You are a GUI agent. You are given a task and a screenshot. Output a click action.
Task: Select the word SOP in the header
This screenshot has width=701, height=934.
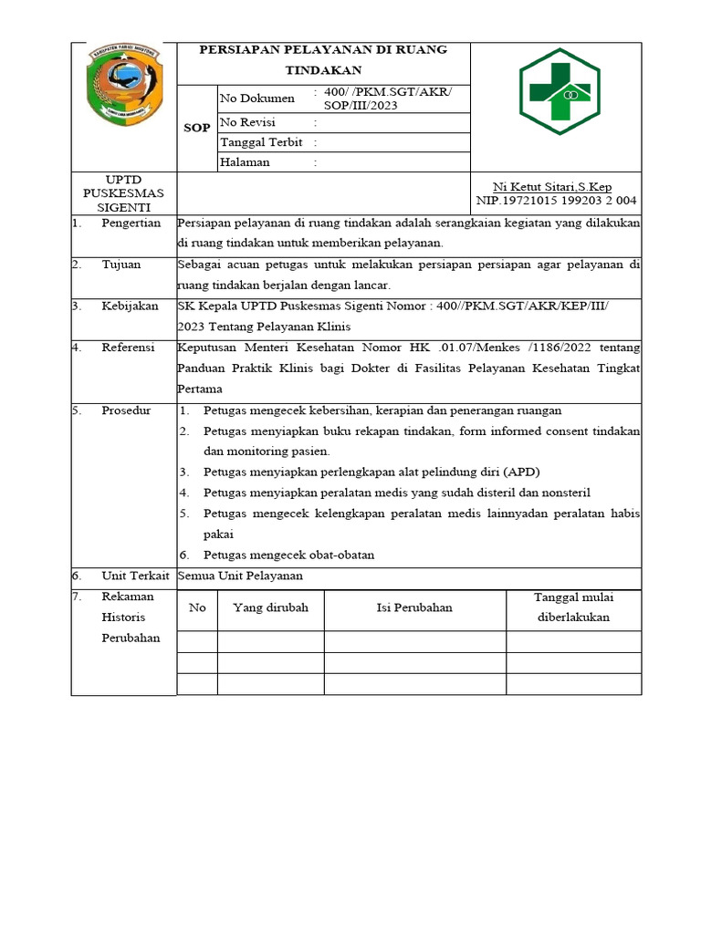[196, 128]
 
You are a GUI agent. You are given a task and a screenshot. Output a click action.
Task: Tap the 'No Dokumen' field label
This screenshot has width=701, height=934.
[257, 99]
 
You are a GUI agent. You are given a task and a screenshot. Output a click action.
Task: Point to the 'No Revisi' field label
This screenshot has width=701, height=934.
[247, 122]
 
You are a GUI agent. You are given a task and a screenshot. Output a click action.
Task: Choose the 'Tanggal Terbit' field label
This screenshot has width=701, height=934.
[261, 142]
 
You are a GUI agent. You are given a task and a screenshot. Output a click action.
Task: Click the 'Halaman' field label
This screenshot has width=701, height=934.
[245, 162]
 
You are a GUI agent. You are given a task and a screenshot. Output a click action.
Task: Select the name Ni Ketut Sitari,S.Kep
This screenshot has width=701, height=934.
[552, 187]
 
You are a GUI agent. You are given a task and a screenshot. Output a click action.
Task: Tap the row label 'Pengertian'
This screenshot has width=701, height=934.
[131, 223]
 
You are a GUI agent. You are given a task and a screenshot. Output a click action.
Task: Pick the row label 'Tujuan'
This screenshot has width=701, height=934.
[120, 265]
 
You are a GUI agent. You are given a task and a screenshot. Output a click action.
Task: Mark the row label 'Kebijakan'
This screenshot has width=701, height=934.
[130, 306]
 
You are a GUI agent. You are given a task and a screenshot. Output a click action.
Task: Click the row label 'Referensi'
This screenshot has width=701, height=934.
[128, 348]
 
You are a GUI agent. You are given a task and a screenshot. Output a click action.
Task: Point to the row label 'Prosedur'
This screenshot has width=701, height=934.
[126, 410]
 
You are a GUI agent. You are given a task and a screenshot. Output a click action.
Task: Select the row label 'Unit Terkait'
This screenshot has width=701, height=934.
[135, 576]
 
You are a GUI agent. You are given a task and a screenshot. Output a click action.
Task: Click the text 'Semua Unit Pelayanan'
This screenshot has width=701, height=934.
[240, 576]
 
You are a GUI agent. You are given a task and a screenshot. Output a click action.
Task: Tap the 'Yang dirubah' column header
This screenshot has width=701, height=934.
[270, 607]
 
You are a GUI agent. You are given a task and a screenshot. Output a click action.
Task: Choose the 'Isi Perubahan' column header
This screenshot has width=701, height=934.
[414, 607]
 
